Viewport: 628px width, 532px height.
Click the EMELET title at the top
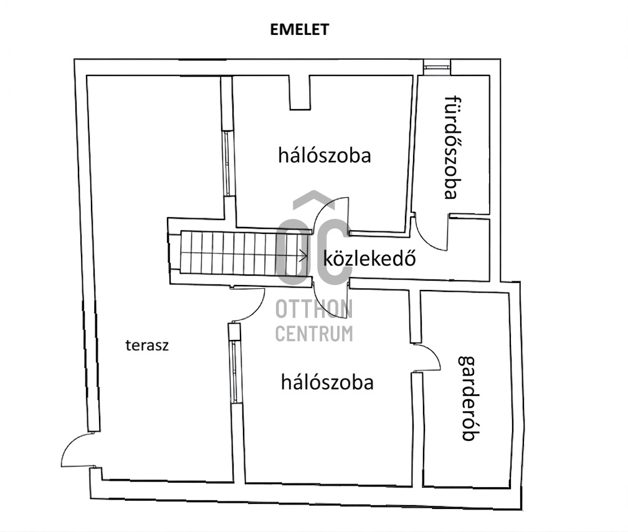coord(300,29)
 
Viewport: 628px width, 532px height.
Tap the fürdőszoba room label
coord(451,147)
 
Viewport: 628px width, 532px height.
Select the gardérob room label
coord(469,398)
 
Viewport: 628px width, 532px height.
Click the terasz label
coord(147,345)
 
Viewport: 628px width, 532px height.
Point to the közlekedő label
coord(369,258)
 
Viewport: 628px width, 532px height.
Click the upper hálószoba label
coord(325,155)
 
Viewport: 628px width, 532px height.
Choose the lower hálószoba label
coord(327,382)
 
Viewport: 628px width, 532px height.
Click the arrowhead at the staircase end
coord(305,255)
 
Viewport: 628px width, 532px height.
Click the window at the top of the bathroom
coord(437,67)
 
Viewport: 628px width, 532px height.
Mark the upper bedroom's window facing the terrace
coord(227,163)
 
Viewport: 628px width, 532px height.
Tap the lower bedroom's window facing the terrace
coord(234,371)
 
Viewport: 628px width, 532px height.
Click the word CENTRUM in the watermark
coord(314,334)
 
